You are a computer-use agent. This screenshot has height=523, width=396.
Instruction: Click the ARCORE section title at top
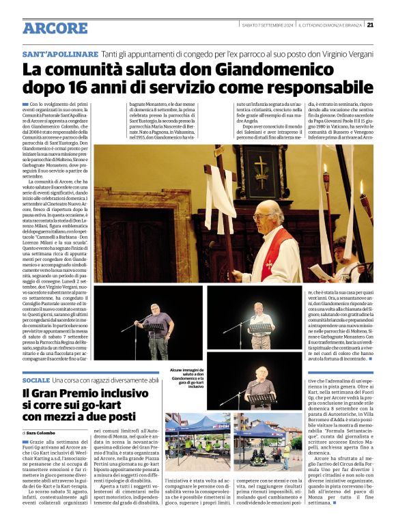pyautogui.click(x=55, y=28)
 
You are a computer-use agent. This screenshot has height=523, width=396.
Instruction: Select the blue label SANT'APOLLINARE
pyautogui.click(x=60, y=53)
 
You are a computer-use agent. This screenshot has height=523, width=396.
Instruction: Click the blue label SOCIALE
pyautogui.click(x=36, y=380)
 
